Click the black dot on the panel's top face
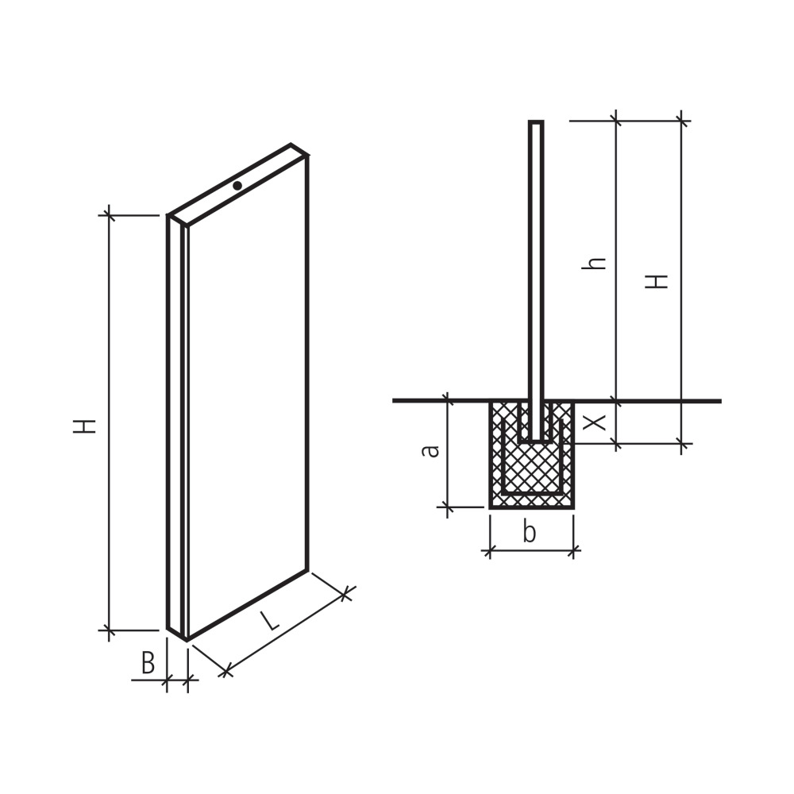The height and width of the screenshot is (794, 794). tap(237, 185)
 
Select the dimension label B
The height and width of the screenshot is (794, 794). tap(148, 663)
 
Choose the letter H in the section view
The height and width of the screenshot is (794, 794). tap(657, 281)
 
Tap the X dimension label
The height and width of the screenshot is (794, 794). tap(595, 422)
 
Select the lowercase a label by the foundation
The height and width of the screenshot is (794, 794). tap(430, 450)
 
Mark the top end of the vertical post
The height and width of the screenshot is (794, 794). tap(536, 122)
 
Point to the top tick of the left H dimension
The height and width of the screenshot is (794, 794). tap(109, 215)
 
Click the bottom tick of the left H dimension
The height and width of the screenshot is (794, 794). tap(109, 630)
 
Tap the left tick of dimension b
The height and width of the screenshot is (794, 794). tap(490, 549)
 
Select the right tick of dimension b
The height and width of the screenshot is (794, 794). tap(573, 549)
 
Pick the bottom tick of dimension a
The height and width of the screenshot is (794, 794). tap(448, 506)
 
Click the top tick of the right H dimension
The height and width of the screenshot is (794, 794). tap(680, 121)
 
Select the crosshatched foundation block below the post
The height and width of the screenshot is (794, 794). tap(531, 468)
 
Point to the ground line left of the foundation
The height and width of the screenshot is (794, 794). tap(437, 401)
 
